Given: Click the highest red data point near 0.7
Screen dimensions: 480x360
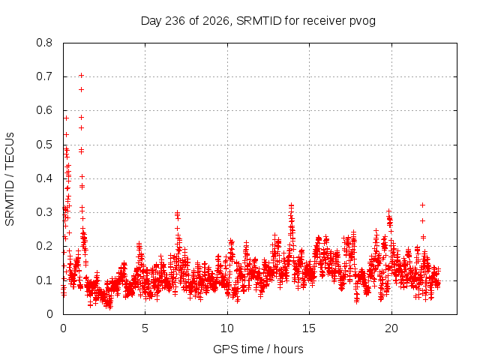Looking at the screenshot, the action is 81,75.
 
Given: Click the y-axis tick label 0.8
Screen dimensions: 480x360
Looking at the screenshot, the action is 44,43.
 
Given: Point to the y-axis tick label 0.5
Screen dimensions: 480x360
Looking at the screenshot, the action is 44,145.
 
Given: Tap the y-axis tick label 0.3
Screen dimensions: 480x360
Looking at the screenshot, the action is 44,212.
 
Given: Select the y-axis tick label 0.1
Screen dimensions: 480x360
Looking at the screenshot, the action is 44,280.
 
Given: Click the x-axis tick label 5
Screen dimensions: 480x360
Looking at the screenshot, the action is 145,328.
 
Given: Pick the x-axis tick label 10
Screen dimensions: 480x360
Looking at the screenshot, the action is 227,328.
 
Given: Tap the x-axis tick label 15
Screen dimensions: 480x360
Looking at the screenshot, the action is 309,328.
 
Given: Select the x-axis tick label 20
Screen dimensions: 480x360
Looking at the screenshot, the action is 391,328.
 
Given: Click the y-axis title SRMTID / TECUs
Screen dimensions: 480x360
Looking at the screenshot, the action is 10,179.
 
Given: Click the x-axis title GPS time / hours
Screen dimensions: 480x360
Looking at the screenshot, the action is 258,349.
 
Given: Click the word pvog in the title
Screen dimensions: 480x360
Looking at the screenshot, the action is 362,21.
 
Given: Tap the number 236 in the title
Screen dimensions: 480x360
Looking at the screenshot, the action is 175,21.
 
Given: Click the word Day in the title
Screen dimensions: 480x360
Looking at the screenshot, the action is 151,21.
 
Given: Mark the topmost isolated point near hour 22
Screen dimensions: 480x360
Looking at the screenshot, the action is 423,205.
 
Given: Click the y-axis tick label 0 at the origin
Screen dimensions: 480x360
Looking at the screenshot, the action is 49,314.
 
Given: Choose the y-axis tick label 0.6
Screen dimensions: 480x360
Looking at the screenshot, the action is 44,110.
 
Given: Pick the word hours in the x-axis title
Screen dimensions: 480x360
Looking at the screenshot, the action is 288,349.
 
